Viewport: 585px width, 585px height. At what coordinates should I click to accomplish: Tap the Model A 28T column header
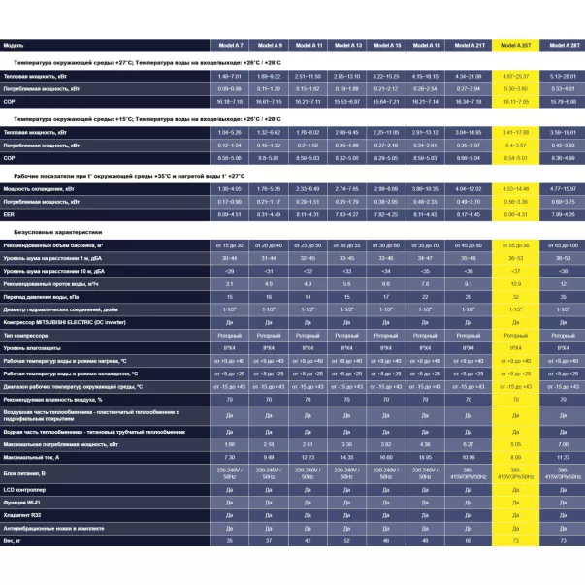click(x=563, y=46)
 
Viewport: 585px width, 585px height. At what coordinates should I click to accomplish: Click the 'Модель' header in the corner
click(x=15, y=46)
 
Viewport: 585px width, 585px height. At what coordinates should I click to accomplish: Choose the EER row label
click(x=9, y=213)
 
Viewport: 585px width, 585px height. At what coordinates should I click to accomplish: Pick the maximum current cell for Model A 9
click(x=270, y=456)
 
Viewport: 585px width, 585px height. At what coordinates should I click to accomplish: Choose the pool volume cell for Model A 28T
click(x=563, y=246)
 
